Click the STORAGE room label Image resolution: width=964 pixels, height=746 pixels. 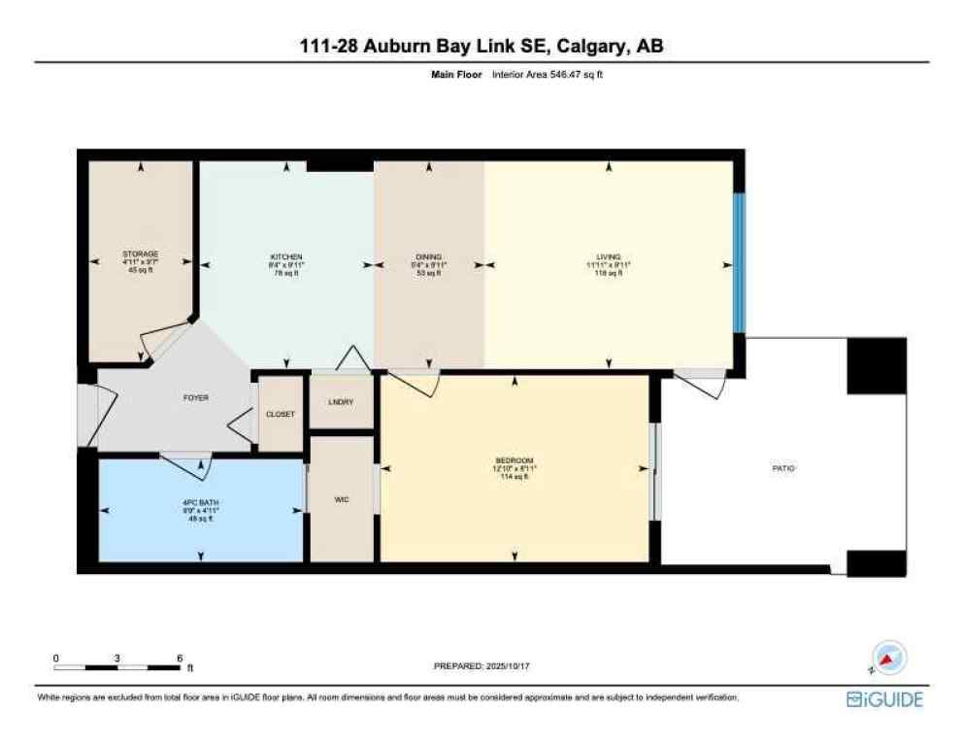(141, 254)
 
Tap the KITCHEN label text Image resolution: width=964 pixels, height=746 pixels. (286, 254)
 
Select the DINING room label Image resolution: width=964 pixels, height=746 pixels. (428, 255)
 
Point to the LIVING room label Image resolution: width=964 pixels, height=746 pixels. (609, 255)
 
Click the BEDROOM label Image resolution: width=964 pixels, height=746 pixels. (514, 459)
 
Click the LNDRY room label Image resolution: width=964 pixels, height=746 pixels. (341, 402)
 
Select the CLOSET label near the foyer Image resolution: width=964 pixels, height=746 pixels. (281, 414)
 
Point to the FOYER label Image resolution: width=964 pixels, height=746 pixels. (196, 397)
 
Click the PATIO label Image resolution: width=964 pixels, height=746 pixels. (783, 468)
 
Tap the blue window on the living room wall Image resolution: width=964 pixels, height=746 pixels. (738, 262)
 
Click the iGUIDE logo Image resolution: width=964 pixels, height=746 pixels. (884, 699)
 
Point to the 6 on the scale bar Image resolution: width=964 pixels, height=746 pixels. (180, 658)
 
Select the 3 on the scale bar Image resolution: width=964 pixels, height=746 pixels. (117, 658)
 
